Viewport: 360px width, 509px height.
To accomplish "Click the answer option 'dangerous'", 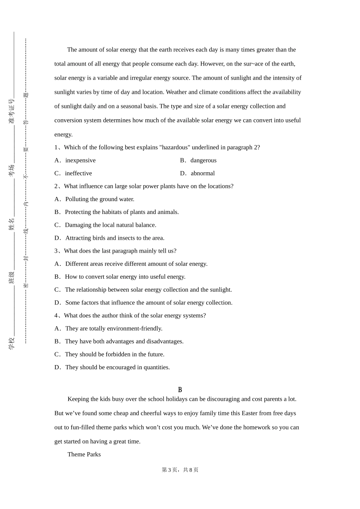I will [203, 161].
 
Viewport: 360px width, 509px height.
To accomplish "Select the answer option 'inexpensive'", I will [80, 161].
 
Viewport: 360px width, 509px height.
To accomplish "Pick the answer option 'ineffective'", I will [78, 173].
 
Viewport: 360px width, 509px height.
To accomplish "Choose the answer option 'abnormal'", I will [203, 173].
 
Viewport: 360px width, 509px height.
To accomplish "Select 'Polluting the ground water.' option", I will [100, 199].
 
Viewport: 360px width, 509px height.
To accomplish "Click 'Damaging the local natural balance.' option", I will [110, 225].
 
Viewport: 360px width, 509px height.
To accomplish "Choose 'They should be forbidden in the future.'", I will [114, 354].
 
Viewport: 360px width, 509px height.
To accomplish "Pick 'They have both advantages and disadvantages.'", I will [124, 342].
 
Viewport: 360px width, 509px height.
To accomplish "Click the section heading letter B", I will [180, 390].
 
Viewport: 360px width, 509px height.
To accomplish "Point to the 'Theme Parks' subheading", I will [84, 454].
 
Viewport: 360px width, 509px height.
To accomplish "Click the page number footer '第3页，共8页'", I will [180, 470].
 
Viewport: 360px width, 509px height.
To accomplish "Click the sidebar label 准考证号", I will [12, 111].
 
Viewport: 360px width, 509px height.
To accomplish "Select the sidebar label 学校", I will [12, 343].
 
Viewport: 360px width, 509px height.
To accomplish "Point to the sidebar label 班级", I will [12, 278].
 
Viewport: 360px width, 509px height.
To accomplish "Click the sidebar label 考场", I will [12, 170].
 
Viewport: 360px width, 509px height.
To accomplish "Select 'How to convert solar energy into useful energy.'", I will [125, 277].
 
